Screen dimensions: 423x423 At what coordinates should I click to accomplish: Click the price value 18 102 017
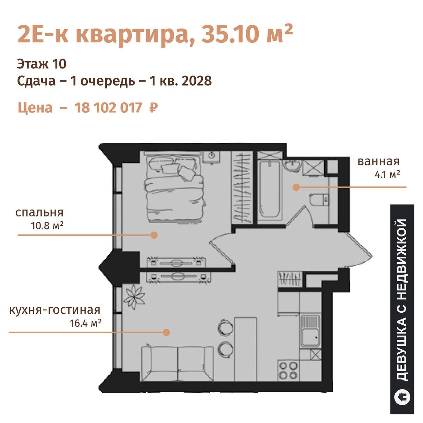(x=108, y=108)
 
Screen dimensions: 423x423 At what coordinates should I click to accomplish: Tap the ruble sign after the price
(x=153, y=108)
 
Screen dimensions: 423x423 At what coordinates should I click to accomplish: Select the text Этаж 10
(x=42, y=64)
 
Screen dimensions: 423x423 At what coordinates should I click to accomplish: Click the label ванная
(x=379, y=161)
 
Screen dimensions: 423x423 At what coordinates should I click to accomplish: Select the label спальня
(x=39, y=213)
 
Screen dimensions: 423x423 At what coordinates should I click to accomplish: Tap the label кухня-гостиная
(x=55, y=310)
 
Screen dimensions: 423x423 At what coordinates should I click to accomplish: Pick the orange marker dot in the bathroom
(x=296, y=187)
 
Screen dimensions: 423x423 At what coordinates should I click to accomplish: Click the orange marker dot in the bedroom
(x=154, y=235)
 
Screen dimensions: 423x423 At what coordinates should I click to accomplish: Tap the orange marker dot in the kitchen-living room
(x=166, y=332)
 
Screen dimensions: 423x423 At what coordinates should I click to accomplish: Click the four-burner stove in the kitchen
(x=288, y=370)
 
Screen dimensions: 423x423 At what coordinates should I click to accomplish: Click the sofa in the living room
(x=177, y=363)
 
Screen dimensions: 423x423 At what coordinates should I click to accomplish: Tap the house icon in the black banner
(x=402, y=398)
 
